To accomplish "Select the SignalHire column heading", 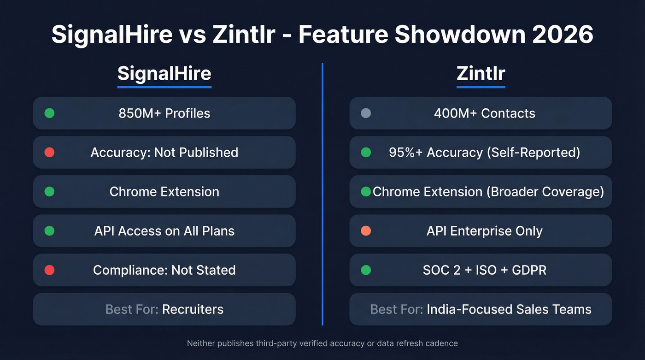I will coord(164,73).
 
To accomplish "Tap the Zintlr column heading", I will coord(481,73).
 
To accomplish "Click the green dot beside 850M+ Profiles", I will coord(49,113).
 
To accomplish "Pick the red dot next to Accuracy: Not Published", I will coord(49,152).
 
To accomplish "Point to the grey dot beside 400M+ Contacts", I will coord(366,113).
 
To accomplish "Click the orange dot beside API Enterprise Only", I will coord(366,230).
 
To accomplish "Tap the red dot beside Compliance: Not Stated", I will coord(49,270).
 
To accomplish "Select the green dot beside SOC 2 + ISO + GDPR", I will coord(366,270).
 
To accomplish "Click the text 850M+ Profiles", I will coord(164,113).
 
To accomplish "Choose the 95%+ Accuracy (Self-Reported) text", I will coord(484,152).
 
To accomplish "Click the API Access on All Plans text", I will coord(164,231).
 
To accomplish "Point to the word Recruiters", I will coord(193,309).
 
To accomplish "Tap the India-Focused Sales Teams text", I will coord(509,309).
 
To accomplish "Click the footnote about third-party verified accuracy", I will coord(322,343).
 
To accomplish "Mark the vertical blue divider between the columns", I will coord(322,194).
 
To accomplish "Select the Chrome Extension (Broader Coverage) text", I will coord(488,191).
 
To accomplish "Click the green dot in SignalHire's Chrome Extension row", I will coord(49,191).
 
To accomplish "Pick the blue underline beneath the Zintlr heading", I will coord(481,86).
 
